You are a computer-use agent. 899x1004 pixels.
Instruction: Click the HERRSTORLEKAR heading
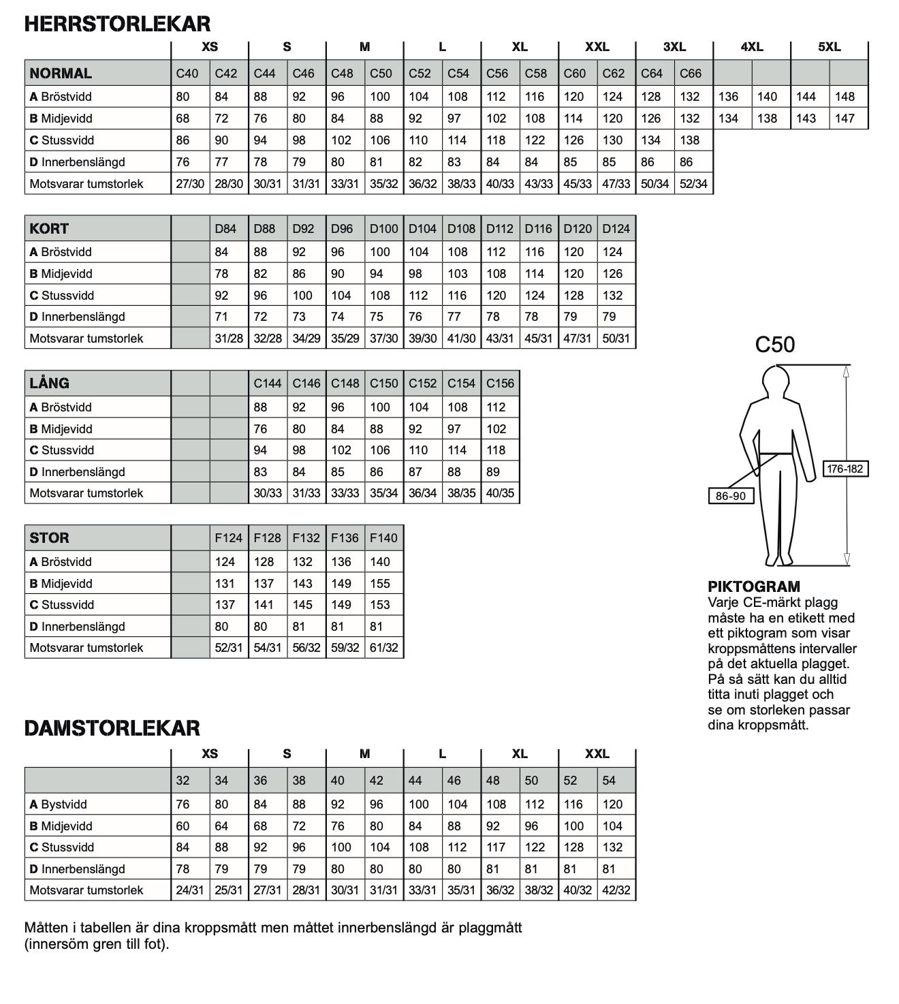click(x=117, y=24)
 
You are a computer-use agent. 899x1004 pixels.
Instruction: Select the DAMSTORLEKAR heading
click(x=112, y=728)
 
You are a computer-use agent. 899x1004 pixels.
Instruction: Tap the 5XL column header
click(x=829, y=47)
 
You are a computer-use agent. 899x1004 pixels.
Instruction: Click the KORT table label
click(x=49, y=229)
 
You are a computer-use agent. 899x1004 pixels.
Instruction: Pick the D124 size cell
click(x=616, y=229)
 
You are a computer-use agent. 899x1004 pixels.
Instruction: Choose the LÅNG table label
click(x=49, y=383)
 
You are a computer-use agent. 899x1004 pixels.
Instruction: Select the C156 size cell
click(x=500, y=383)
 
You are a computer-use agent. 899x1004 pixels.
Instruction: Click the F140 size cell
click(x=383, y=538)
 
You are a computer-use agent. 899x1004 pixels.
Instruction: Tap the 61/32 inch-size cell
click(x=383, y=648)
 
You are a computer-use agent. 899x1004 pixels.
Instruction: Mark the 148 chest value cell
click(x=845, y=97)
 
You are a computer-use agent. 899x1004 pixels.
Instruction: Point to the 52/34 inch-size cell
click(x=693, y=184)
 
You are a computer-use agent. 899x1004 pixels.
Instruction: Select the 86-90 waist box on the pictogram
click(x=731, y=496)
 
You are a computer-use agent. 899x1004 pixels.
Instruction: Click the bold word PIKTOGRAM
click(x=754, y=586)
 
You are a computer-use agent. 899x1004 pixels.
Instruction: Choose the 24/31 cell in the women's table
click(x=189, y=890)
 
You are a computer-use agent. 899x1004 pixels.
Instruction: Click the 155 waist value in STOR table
click(x=380, y=584)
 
